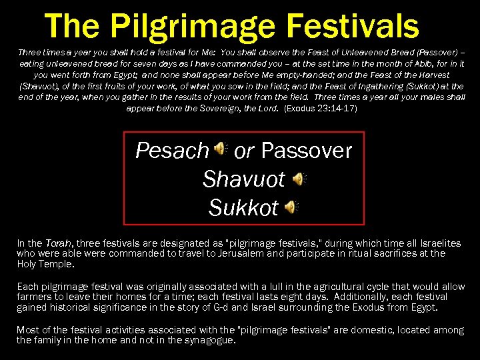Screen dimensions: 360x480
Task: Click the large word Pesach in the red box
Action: (x=172, y=151)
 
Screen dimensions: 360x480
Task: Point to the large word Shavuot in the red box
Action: (x=243, y=179)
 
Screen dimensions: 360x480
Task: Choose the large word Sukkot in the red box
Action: (x=243, y=208)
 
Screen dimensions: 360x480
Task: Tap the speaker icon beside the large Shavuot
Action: (x=299, y=179)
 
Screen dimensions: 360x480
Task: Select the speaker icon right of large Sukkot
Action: (x=291, y=207)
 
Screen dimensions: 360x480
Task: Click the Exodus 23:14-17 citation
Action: (x=321, y=108)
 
